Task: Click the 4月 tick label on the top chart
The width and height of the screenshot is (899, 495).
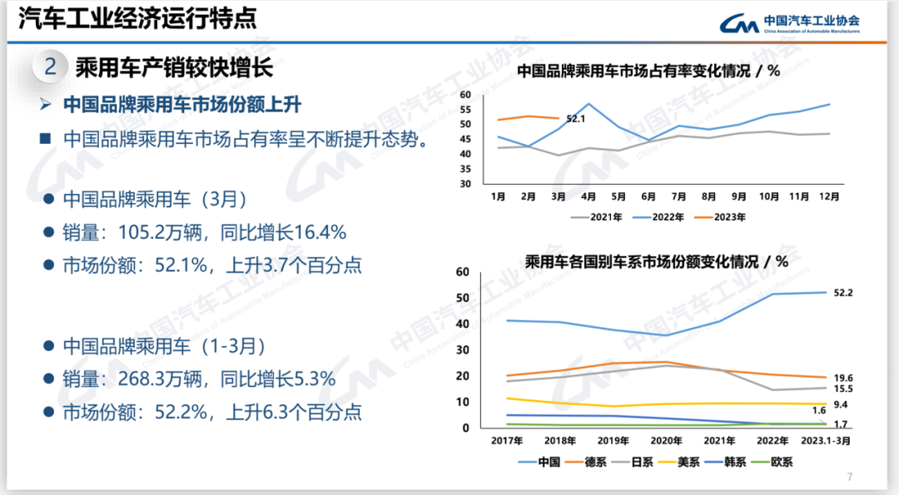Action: click(x=588, y=196)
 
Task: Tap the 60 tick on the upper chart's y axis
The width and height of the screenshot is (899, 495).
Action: click(x=466, y=95)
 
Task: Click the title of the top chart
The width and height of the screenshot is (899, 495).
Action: click(x=648, y=71)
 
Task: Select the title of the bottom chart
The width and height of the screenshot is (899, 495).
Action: click(x=657, y=261)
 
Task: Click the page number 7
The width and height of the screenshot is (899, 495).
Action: click(x=850, y=477)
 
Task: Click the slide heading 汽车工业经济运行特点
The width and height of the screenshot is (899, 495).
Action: click(x=137, y=17)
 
